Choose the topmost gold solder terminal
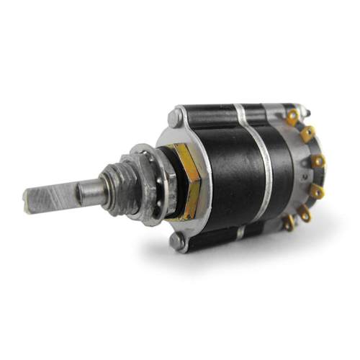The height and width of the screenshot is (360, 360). tap(292, 115)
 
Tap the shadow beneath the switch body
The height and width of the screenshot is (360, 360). tap(238, 248)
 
